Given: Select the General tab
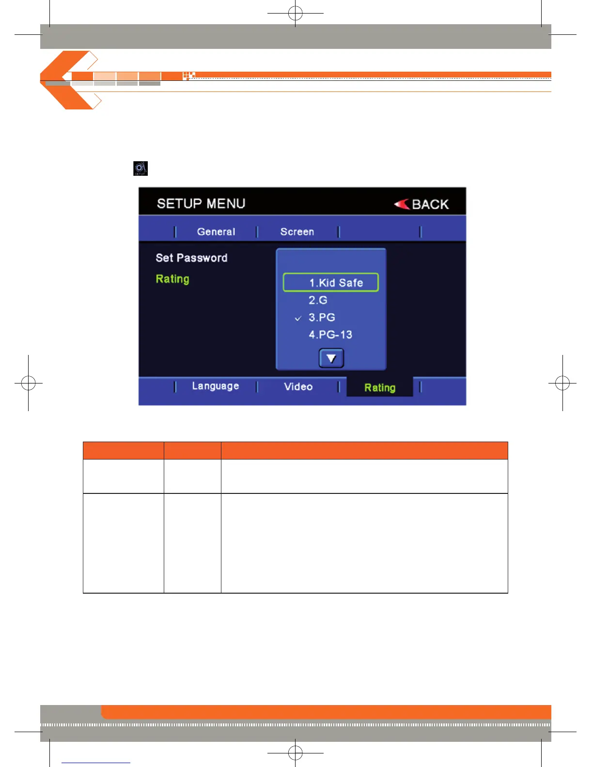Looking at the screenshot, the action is (x=216, y=232).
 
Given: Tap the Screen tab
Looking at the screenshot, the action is (x=297, y=232).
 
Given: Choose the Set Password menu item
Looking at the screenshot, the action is (x=191, y=258).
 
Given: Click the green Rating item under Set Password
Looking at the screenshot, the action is (x=172, y=279).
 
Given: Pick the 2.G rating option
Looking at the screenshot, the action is (x=318, y=300).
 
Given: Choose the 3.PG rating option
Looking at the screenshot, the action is (x=322, y=318).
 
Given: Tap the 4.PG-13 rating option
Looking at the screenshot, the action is (x=330, y=335).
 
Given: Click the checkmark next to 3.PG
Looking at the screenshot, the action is (x=298, y=318).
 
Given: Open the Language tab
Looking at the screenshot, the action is (x=216, y=386).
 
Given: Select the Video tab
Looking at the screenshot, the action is (x=298, y=386).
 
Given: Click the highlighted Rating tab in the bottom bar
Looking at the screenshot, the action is (x=380, y=387).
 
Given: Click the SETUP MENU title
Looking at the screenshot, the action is (x=201, y=203).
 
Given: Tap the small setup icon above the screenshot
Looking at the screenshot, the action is (x=140, y=169).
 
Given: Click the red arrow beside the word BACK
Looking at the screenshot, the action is (x=402, y=204).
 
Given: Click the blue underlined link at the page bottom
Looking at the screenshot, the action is (x=96, y=763).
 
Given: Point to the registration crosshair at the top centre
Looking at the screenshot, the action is (x=296, y=13).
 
